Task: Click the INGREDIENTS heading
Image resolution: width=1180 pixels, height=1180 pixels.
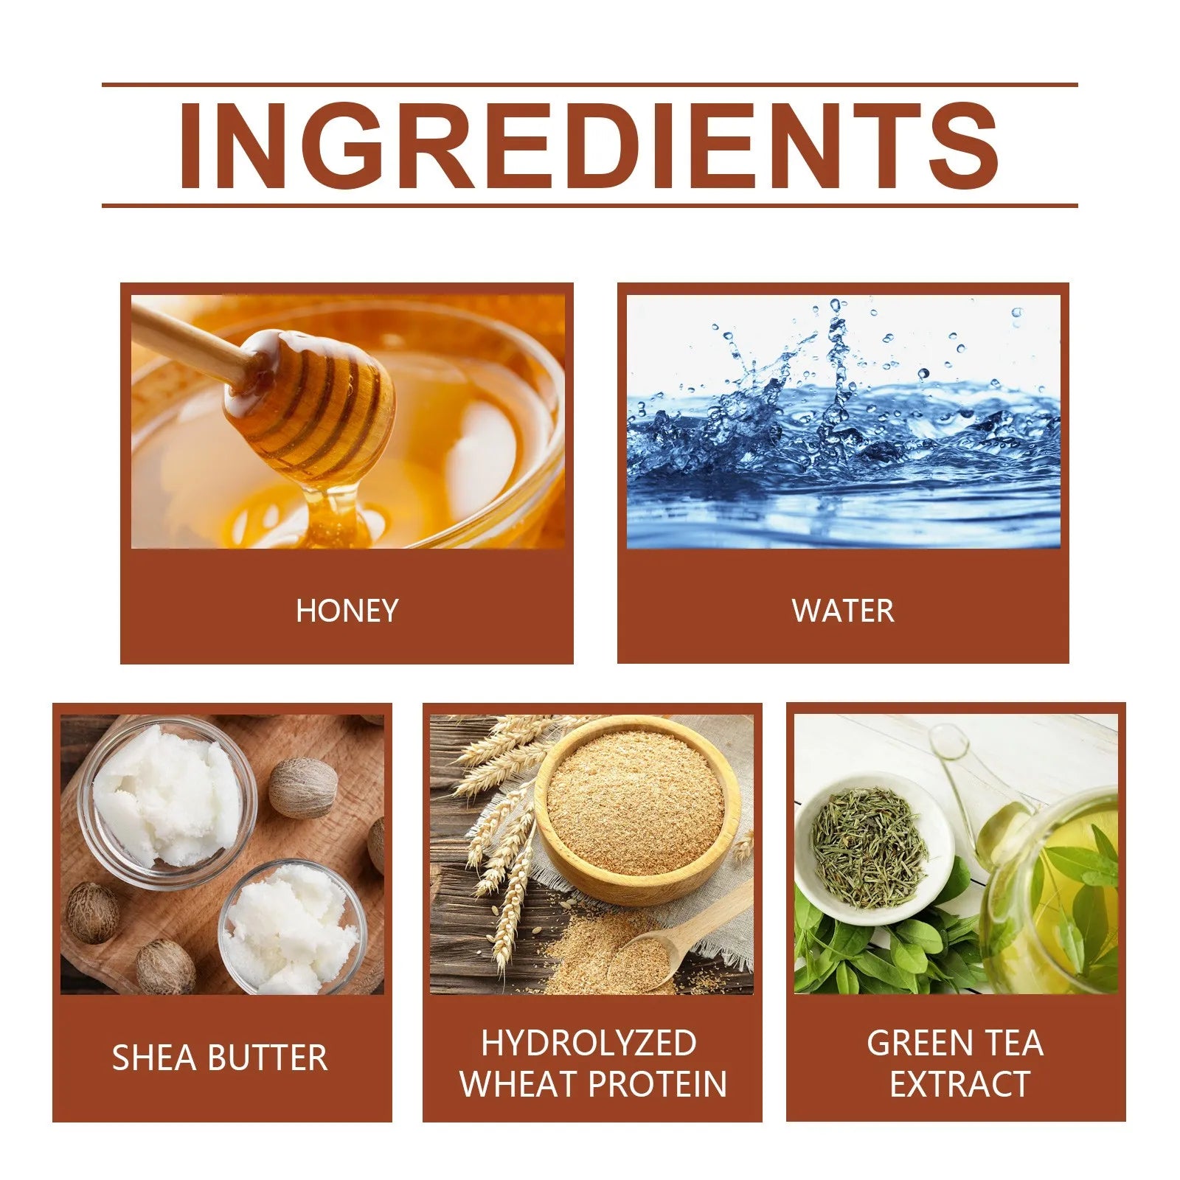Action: point(589,145)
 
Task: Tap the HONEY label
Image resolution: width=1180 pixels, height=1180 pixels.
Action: point(347,611)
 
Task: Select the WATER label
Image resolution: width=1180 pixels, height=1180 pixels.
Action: point(842,611)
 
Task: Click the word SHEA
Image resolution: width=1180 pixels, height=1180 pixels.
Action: point(155,1058)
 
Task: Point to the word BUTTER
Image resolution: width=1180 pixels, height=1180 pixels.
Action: point(268,1058)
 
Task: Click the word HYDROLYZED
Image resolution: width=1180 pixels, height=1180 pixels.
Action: point(589,1043)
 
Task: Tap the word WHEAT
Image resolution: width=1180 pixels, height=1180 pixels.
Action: point(519,1083)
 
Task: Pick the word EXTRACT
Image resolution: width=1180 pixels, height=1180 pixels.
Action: point(959,1083)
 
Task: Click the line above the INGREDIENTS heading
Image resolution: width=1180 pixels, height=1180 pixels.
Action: point(589,85)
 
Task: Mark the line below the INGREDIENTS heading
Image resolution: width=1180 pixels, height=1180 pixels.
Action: point(589,205)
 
